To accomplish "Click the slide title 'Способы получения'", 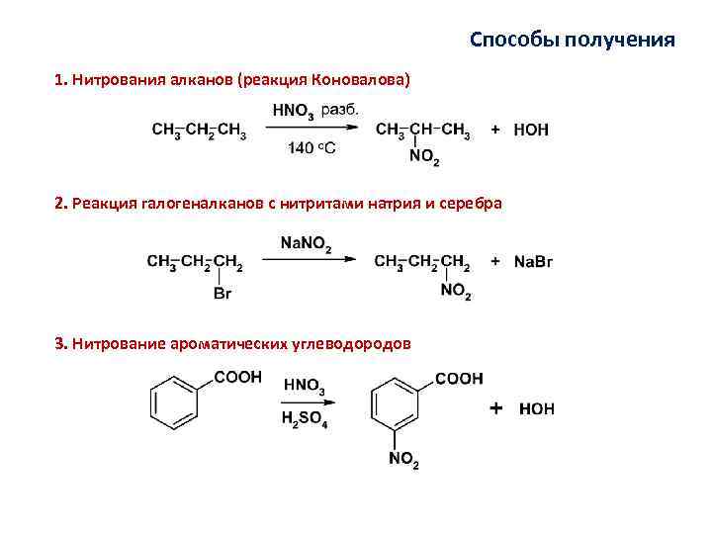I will pyautogui.click(x=573, y=40).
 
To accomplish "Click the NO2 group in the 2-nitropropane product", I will pyautogui.click(x=424, y=158).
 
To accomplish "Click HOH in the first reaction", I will pyautogui.click(x=532, y=130).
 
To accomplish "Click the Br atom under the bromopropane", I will pyautogui.click(x=222, y=294).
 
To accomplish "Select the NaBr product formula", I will pyautogui.click(x=534, y=261).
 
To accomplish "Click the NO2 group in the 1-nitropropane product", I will pyautogui.click(x=456, y=292).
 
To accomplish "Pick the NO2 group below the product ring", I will pyautogui.click(x=403, y=461).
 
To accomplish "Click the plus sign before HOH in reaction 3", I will pyautogui.click(x=495, y=407).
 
